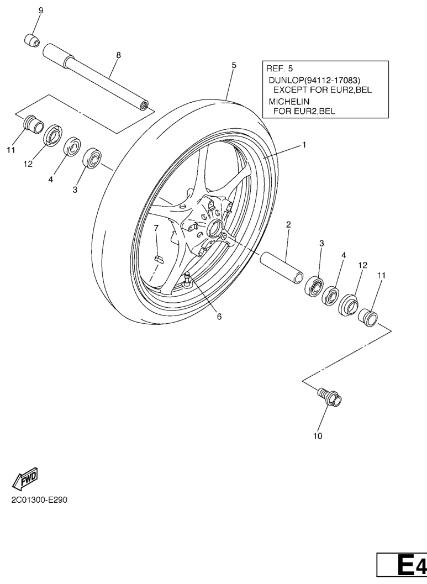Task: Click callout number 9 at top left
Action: pos(41,10)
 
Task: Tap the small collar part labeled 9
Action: pos(32,40)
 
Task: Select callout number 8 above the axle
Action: pos(118,55)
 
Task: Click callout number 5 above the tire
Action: pos(234,65)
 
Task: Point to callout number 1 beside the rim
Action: pos(304,145)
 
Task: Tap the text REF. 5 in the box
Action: pos(280,69)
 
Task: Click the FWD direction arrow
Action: pos(25,478)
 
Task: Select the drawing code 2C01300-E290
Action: pos(39,500)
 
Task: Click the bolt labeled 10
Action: pos(330,397)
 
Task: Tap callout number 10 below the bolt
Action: pos(318,436)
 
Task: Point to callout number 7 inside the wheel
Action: pos(156,227)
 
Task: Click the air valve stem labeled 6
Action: pos(188,279)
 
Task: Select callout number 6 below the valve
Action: pos(219,317)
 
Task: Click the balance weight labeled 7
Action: pos(159,259)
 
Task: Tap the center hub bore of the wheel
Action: pos(215,228)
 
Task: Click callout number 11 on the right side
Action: pos(381,276)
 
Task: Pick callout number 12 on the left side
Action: pos(28,164)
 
